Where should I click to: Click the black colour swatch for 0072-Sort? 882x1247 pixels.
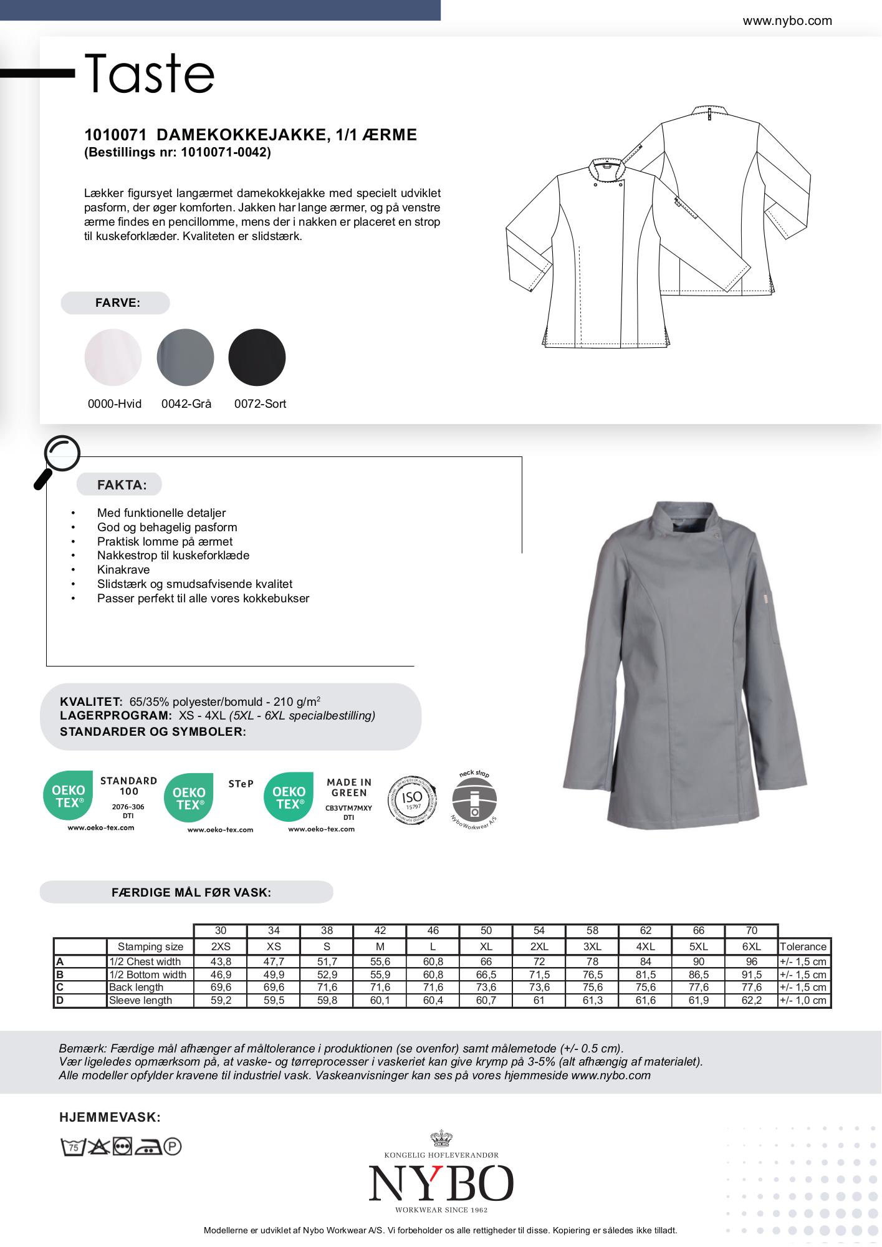tap(257, 357)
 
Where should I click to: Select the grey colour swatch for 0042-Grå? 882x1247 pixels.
tap(185, 357)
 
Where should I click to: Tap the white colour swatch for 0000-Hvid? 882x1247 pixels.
tap(113, 357)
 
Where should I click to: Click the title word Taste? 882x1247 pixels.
tap(150, 74)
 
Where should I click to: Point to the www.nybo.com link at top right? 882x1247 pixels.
tap(787, 21)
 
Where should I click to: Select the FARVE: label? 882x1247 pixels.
tap(117, 303)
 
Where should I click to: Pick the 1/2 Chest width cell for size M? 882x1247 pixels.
tap(380, 961)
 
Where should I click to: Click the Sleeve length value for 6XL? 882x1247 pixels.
tap(751, 1000)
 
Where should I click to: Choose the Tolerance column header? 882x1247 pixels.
tap(803, 946)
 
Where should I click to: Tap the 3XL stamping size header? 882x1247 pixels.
tap(592, 946)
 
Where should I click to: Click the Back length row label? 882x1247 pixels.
tap(136, 987)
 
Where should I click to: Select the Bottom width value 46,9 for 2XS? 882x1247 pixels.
tap(221, 975)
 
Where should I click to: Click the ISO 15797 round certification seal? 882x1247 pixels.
tap(412, 800)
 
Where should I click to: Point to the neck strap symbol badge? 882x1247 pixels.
tap(474, 801)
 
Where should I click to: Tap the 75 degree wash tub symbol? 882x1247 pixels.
tap(73, 1147)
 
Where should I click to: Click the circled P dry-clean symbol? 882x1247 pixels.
tap(172, 1147)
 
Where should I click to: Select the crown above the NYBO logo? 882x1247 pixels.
tap(441, 1139)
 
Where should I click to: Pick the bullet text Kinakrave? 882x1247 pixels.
tap(123, 570)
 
